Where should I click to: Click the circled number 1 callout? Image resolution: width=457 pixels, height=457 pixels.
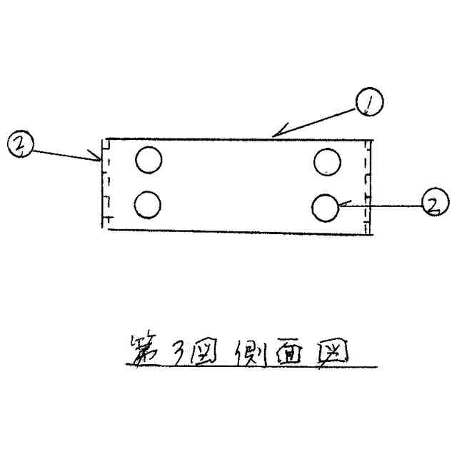coord(369,103)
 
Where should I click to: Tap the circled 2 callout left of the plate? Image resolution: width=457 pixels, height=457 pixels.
coord(19,145)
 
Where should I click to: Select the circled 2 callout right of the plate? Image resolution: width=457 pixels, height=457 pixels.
coord(433,204)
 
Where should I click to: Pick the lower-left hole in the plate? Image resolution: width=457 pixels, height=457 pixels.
coord(148,205)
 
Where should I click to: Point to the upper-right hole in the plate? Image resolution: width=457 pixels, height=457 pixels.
coord(327,161)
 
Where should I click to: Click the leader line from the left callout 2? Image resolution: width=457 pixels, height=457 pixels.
coord(64,154)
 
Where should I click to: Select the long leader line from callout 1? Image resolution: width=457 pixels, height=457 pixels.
coord(318,119)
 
